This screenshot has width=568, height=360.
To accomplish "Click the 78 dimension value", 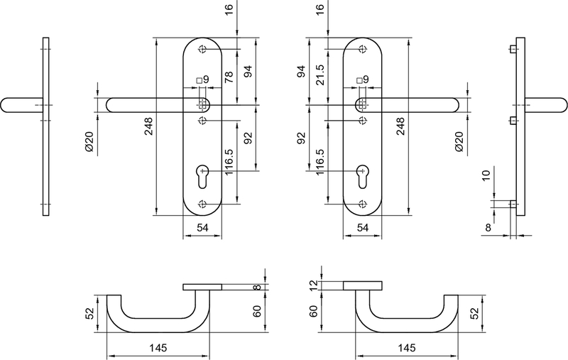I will click(229, 77).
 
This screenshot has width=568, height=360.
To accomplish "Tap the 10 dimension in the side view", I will click(485, 176).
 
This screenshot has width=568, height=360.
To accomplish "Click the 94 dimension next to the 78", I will click(248, 71).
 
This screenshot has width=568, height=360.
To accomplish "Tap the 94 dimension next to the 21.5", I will click(300, 71).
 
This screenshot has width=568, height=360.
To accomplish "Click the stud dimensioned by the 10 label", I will click(513, 204).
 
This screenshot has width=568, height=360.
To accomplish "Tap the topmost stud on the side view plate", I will click(513, 49).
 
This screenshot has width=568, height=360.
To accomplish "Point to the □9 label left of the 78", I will click(202, 80).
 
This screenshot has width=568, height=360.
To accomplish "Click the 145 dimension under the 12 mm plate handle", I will click(407, 349).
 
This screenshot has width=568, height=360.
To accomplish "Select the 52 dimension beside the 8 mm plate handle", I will click(90, 313).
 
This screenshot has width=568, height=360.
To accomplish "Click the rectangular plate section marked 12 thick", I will click(363, 286).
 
